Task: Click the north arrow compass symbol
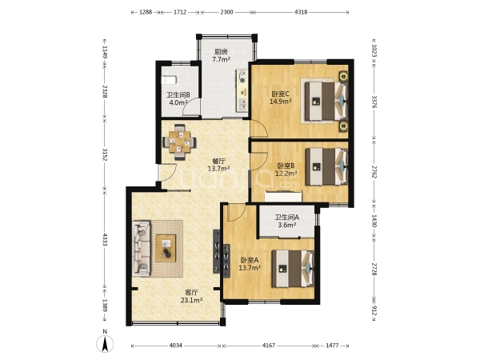coord(105,343)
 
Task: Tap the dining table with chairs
coord(180,142)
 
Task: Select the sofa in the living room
coord(142,248)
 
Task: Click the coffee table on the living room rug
coord(166,248)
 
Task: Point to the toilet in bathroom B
coord(169,80)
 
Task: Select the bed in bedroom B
coord(327,167)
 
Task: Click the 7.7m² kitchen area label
coord(222,59)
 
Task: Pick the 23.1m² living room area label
coord(191,300)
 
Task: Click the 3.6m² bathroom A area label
coord(287,226)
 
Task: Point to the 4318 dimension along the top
coord(301,12)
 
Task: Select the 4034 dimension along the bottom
coord(176,346)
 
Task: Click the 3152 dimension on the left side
coord(105,154)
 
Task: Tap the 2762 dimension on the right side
coord(374,172)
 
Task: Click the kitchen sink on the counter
coord(242,104)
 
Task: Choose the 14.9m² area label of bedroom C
coord(280,102)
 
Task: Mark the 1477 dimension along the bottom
coord(332,346)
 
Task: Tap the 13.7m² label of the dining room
coord(218,168)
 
